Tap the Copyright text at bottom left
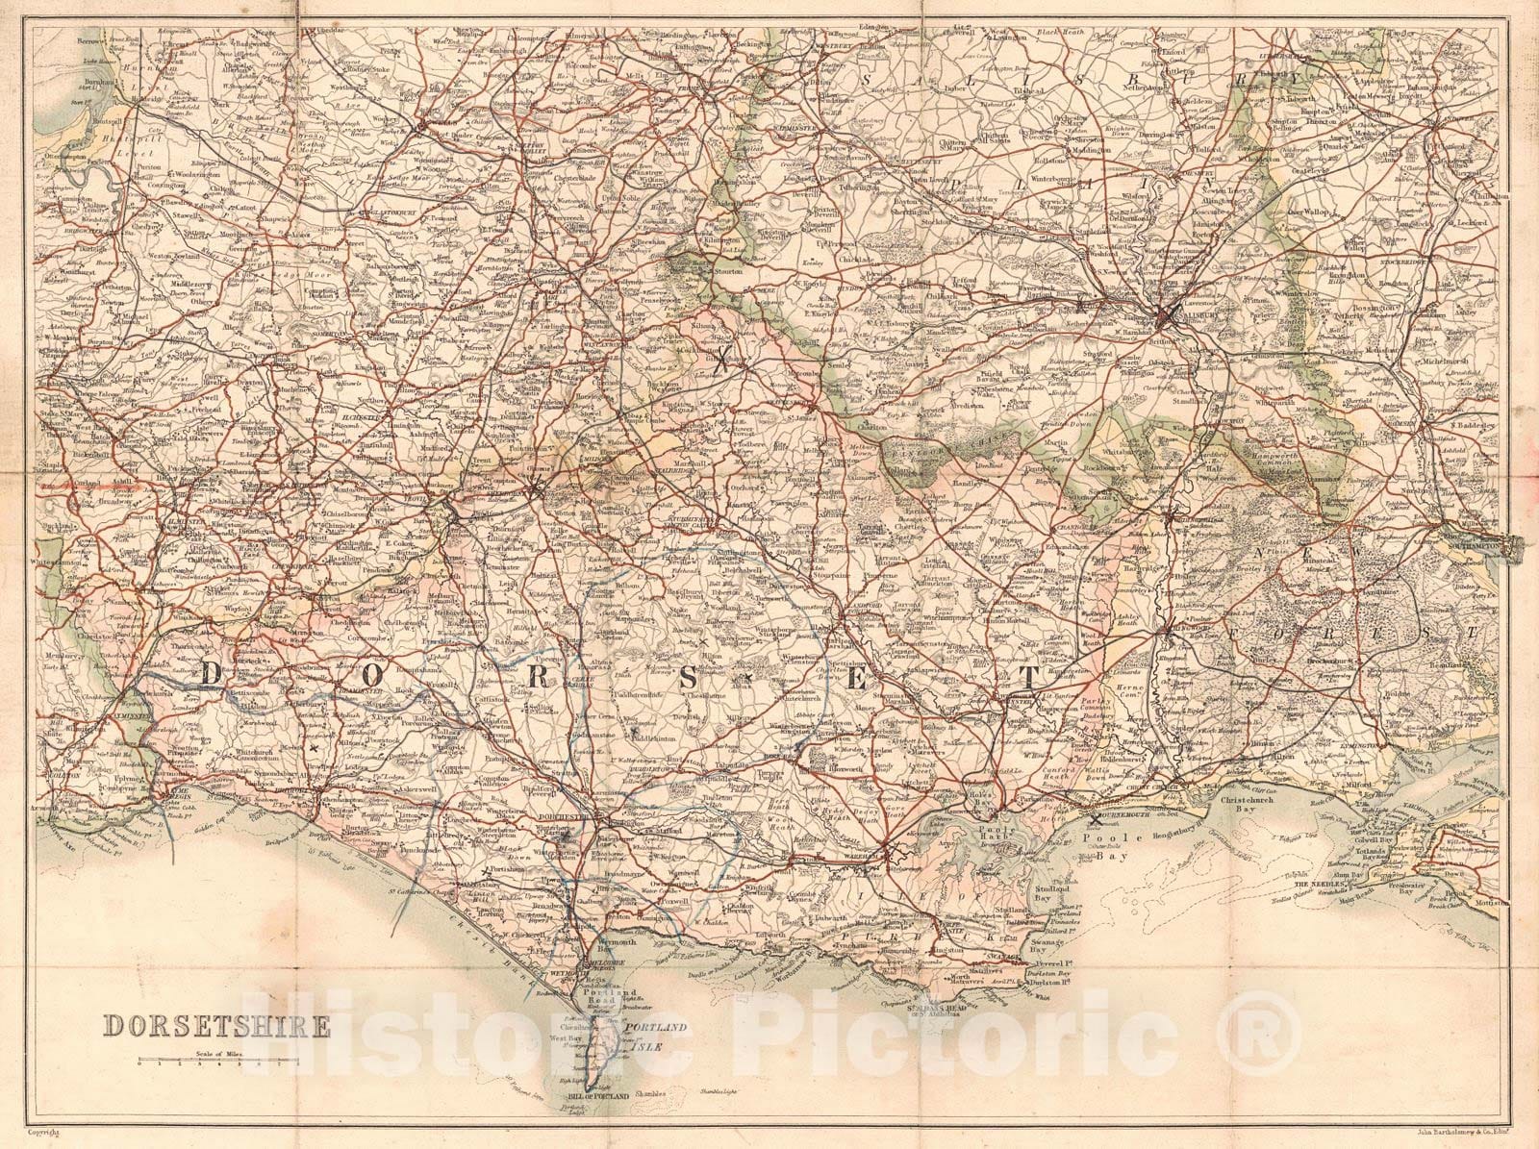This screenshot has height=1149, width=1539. tap(44, 1135)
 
